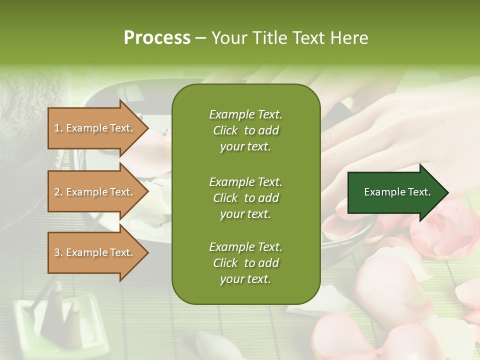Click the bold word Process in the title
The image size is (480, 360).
click(x=157, y=38)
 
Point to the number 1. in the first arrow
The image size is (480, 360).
click(x=58, y=128)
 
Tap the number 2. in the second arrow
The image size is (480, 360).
click(x=58, y=192)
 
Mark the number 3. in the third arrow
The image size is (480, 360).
click(x=58, y=252)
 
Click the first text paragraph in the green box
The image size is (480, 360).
click(x=245, y=130)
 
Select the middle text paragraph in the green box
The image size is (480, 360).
click(x=245, y=198)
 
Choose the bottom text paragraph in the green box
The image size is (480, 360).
click(x=245, y=263)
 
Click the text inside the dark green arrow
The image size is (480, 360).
click(x=397, y=192)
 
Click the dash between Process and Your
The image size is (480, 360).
click(x=200, y=38)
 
